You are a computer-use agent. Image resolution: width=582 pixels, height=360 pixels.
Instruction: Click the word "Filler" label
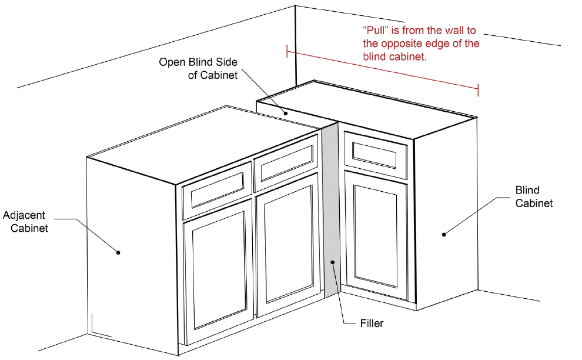click(372, 323)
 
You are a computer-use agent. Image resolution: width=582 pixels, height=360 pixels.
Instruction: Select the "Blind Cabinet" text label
click(534, 196)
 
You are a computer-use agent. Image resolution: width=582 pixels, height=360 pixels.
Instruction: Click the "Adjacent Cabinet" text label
click(29, 222)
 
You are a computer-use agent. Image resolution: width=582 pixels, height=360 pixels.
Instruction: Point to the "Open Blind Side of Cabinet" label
click(198, 68)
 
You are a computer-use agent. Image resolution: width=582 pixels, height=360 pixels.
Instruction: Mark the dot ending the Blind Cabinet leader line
click(444, 234)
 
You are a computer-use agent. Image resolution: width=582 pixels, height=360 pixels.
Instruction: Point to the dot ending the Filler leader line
click(333, 262)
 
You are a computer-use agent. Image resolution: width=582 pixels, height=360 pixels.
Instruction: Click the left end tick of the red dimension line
click(287, 51)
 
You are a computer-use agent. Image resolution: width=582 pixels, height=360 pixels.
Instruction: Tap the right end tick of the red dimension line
click(478, 89)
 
